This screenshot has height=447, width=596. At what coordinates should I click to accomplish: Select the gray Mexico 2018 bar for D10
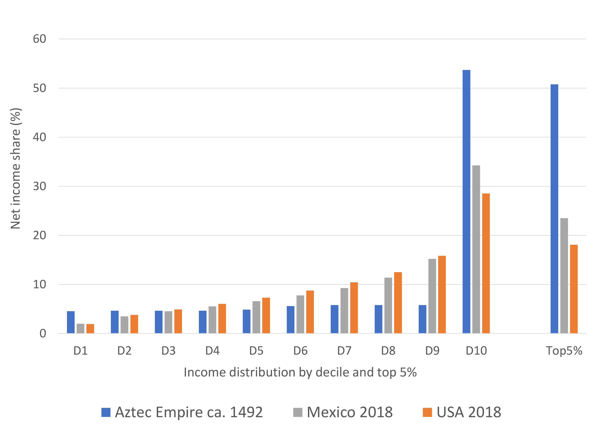coord(476,249)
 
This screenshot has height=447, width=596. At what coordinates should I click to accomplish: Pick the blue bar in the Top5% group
coord(554,209)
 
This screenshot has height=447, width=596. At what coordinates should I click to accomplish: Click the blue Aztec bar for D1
coord(71,322)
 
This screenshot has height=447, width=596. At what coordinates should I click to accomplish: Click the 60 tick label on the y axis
coord(39,39)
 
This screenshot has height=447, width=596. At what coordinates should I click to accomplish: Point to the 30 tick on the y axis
coord(39,186)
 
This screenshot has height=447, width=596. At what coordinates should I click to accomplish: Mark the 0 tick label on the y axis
coord(43,334)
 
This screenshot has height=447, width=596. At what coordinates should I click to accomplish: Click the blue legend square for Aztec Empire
coord(106,412)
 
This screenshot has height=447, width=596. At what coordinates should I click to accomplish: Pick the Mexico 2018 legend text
coord(349,412)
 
